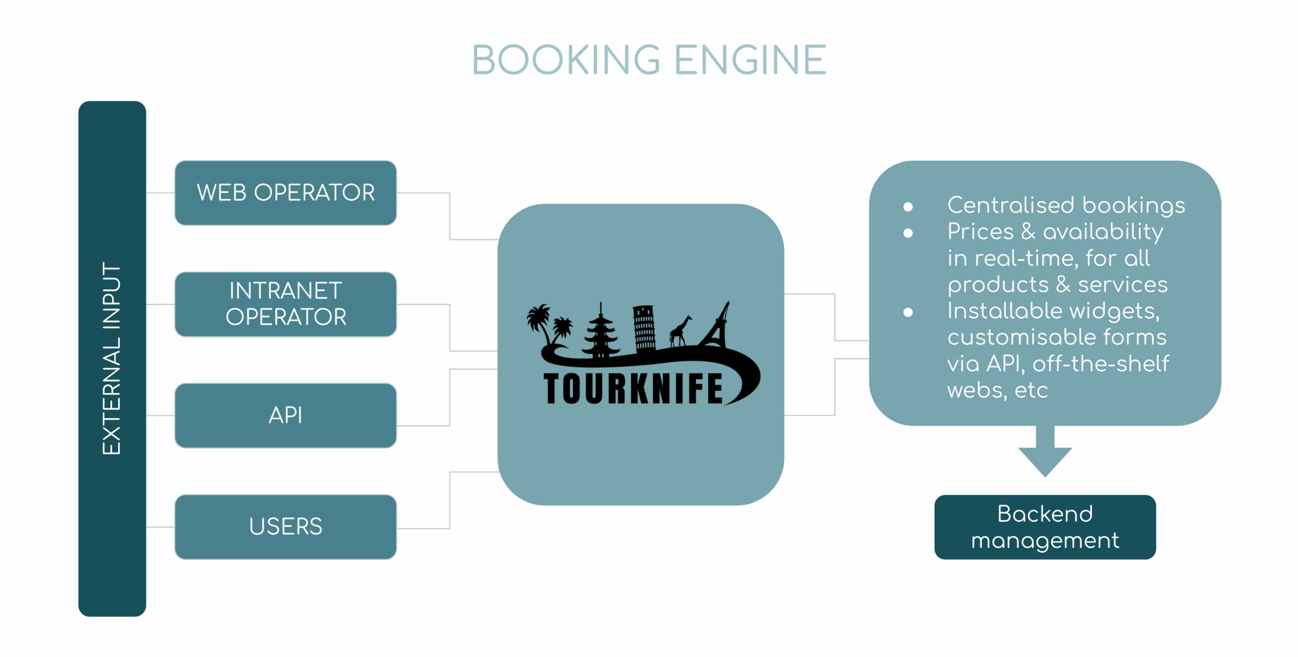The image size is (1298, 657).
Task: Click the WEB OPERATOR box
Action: point(285,193)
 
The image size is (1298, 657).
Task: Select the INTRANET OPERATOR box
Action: point(285,304)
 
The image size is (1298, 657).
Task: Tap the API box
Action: point(285,415)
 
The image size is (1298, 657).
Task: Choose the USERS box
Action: point(285,527)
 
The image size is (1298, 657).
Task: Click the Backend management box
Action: point(1044,527)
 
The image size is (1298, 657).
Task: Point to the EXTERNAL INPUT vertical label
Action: point(112,358)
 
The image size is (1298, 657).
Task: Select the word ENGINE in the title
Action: point(750,60)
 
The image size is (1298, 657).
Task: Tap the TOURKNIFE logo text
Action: point(633,389)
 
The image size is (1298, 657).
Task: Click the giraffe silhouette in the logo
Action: point(680,330)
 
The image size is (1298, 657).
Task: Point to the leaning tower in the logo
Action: point(644,327)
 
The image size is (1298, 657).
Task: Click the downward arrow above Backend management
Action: point(1045,452)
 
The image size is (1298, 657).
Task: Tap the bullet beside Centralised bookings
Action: point(908,206)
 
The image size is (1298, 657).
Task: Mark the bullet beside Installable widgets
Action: point(908,312)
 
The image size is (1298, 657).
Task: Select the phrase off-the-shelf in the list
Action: point(1100,364)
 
